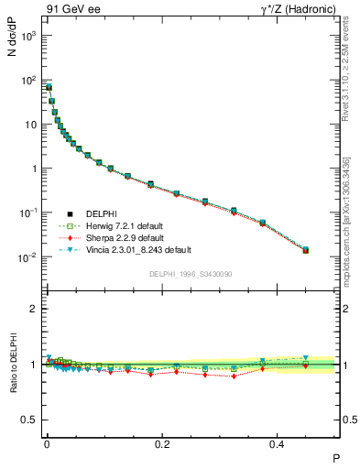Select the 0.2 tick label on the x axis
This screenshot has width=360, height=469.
point(163,443)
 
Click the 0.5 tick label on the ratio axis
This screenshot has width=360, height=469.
point(27,420)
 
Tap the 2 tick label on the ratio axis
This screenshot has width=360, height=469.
point(32,310)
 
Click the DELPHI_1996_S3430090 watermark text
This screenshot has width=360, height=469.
point(190,274)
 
